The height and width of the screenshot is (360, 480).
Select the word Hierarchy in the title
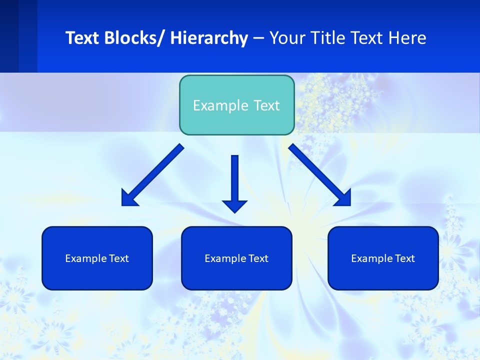point(209,38)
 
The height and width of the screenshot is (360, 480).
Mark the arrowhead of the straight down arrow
point(235,205)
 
